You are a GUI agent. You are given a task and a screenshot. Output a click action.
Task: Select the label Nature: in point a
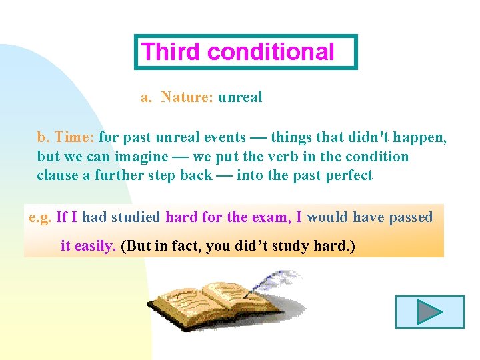(x=187, y=97)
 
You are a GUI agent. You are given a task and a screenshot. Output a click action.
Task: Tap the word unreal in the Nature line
(x=240, y=97)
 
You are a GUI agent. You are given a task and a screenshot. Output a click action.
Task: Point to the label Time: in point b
(x=75, y=137)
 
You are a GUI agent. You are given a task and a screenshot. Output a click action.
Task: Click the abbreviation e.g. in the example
(x=40, y=217)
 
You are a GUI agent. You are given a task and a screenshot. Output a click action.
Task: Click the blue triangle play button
(x=430, y=312)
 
